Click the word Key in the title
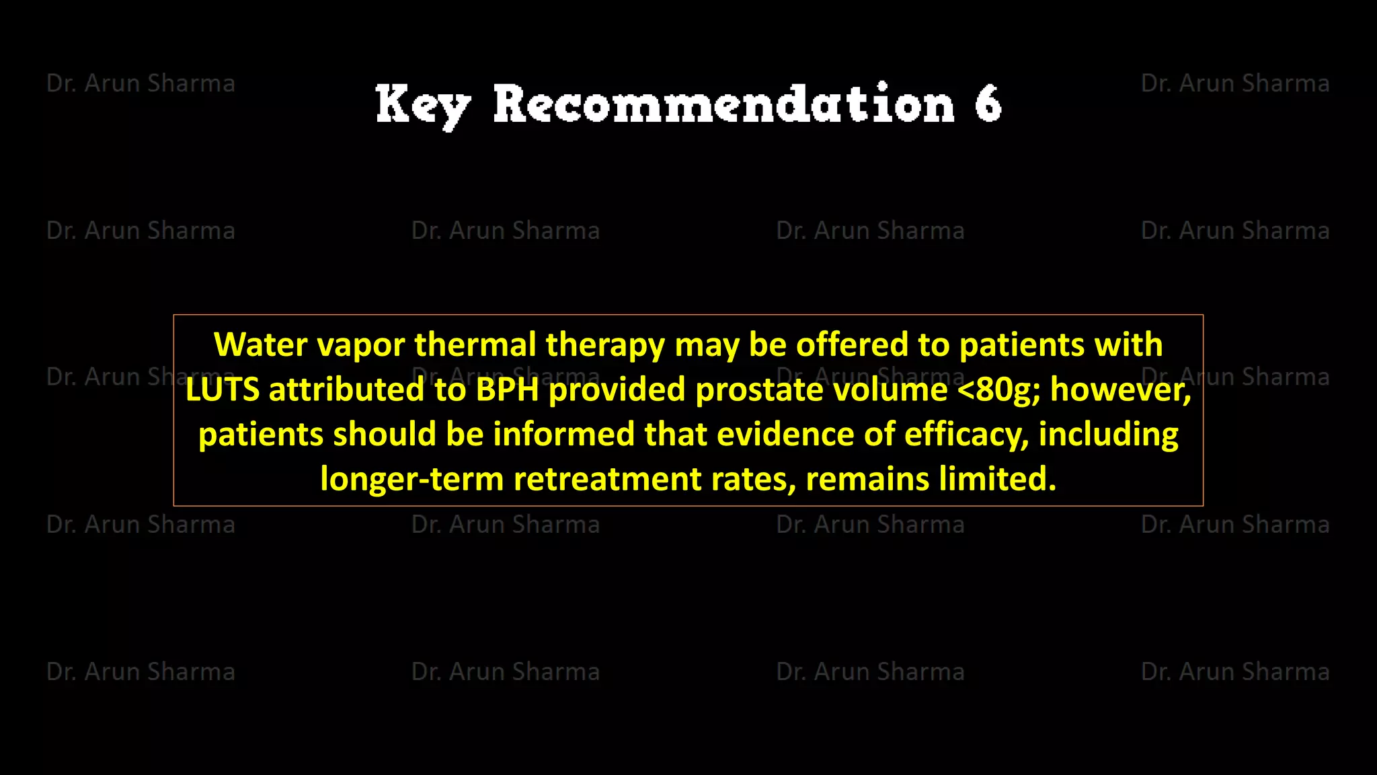(422, 105)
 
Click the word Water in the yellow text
(260, 344)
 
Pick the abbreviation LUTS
(223, 390)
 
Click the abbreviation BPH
(508, 390)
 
